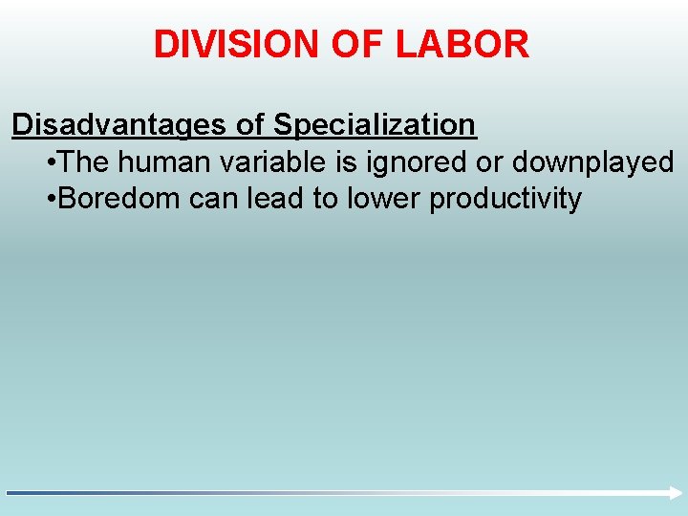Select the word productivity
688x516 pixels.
click(x=505, y=201)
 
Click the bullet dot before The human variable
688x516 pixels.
click(x=50, y=163)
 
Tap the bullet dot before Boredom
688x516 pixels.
click(x=50, y=201)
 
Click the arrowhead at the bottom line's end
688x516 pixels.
click(x=670, y=492)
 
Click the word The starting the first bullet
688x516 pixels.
click(x=84, y=162)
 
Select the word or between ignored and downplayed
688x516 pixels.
click(x=488, y=163)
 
